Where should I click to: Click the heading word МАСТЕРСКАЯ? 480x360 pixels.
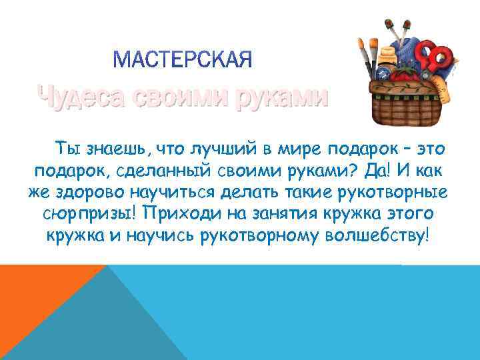pos(183,61)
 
